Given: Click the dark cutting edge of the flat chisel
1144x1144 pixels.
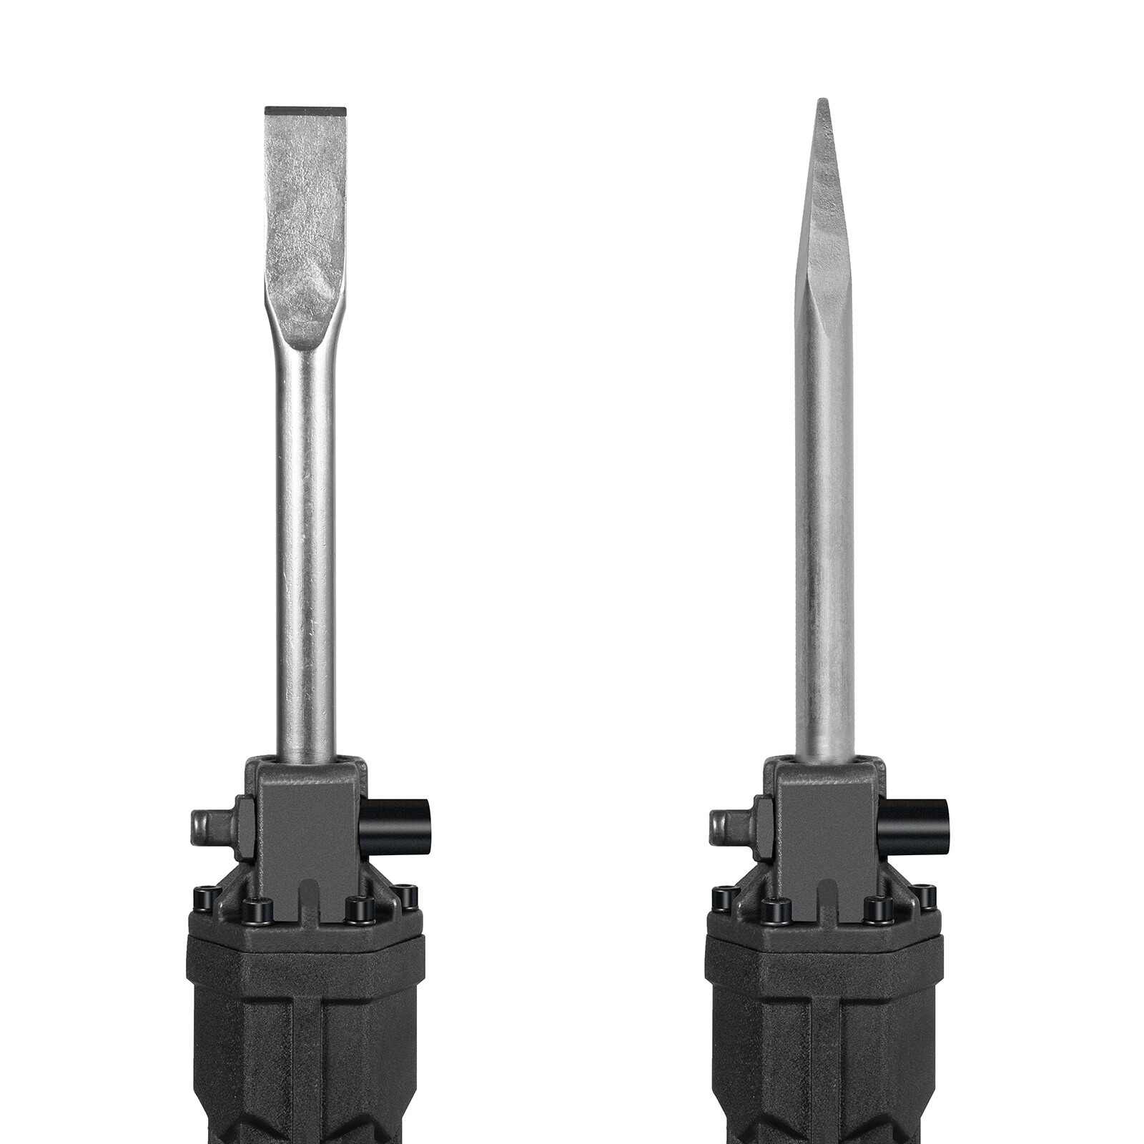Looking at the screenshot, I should click(x=305, y=112).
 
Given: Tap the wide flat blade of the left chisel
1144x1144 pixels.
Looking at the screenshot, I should click(x=305, y=229).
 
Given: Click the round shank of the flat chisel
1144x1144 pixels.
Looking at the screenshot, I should click(x=306, y=558).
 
